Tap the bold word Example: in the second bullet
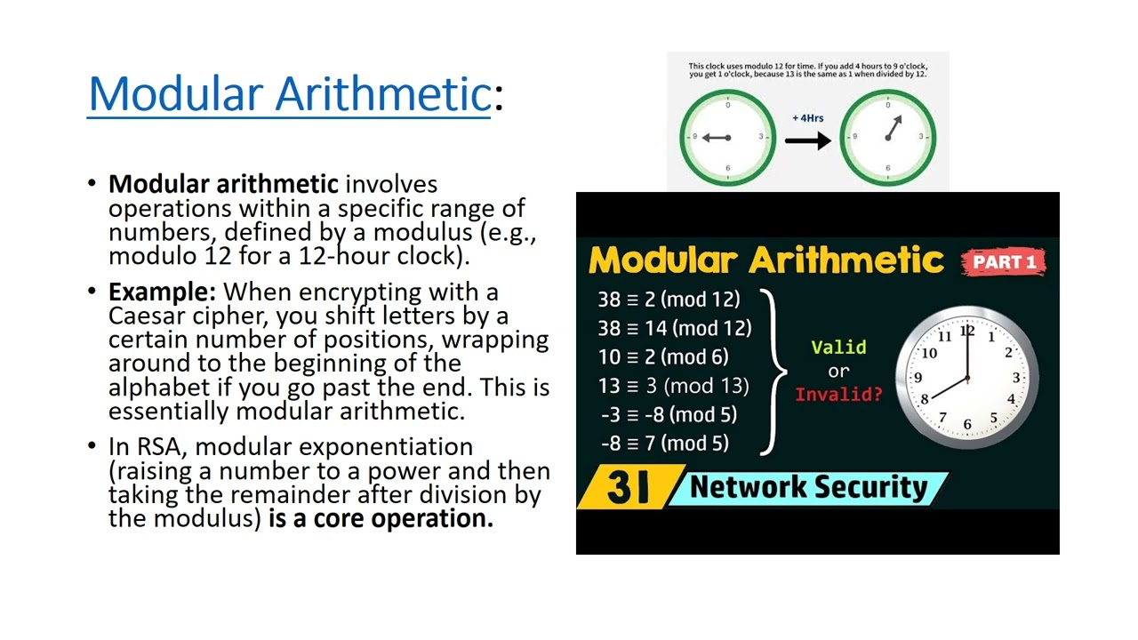pos(163,292)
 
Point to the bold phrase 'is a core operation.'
pos(381,519)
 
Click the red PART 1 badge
pos(1004,261)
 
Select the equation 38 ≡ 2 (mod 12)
pos(669,300)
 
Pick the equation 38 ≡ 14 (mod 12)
pos(674,328)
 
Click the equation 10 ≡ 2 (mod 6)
pos(663,356)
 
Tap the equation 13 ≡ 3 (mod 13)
pos(673,386)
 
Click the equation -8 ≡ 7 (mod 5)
pos(664,443)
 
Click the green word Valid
pos(838,348)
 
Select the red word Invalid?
pos(838,394)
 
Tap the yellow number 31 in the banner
pos(628,487)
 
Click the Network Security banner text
pos(808,487)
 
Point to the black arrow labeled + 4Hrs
pos(807,140)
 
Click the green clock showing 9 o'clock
pos(727,137)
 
